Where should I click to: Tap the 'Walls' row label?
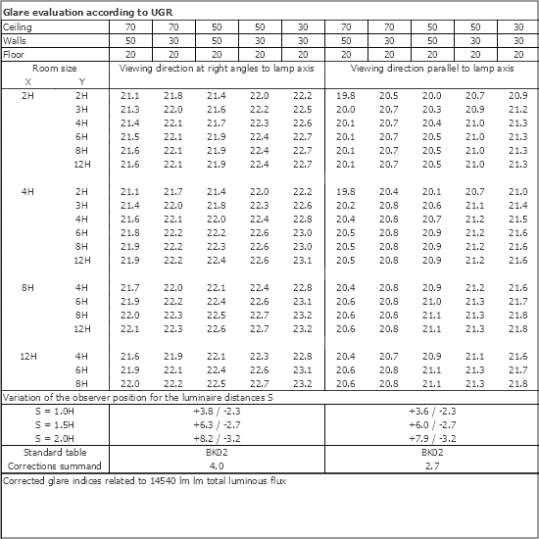click(x=15, y=42)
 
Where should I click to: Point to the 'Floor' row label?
click(x=14, y=56)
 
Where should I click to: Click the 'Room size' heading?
click(x=54, y=70)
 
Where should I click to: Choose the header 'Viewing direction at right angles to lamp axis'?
click(x=218, y=70)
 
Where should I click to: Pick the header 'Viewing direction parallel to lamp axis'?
click(x=432, y=70)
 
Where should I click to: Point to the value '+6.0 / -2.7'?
click(x=432, y=427)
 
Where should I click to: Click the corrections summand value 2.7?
click(x=432, y=468)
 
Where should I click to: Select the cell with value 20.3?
click(x=432, y=110)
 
